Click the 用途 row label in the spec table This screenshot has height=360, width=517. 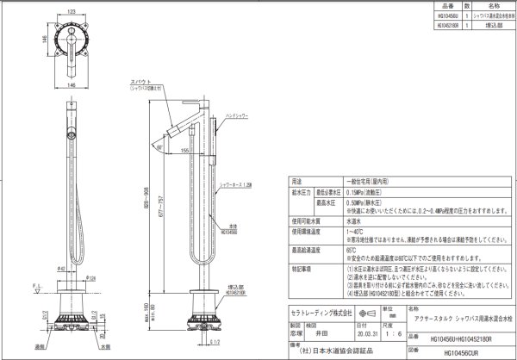[x=296, y=183]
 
